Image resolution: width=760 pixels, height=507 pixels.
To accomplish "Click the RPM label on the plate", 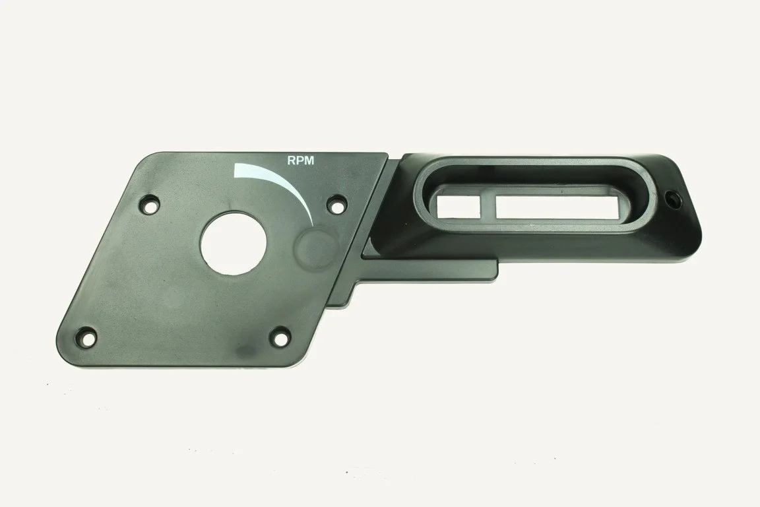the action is (x=301, y=160).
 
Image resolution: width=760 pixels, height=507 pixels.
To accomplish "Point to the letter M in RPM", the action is (x=309, y=160).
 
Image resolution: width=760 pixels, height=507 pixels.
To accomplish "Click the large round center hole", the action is (x=234, y=243).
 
